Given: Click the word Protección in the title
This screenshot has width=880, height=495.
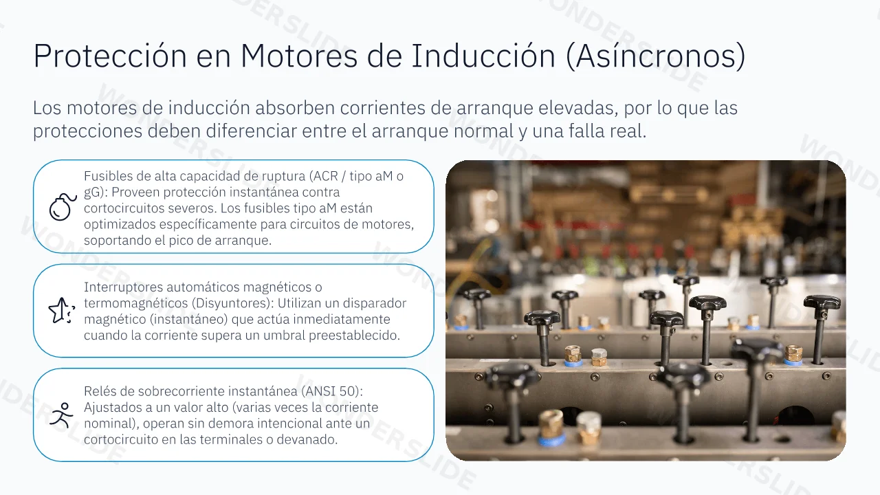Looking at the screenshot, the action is (110, 56).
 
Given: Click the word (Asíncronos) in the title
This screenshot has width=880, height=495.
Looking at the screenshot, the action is (656, 56).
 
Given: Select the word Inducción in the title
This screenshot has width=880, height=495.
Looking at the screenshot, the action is (483, 56).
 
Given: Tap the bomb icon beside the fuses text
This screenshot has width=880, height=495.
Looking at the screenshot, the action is (63, 207).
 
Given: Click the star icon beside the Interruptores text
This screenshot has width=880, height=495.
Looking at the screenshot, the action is (62, 310).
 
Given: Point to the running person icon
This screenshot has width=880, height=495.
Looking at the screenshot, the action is (62, 415).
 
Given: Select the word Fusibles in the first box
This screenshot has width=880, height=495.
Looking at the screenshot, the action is (107, 176).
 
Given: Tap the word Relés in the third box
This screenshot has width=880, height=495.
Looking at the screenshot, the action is (99, 391).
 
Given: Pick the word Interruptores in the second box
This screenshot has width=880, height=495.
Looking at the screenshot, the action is (122, 287).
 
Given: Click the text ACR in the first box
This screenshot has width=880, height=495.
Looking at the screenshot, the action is (324, 176).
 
